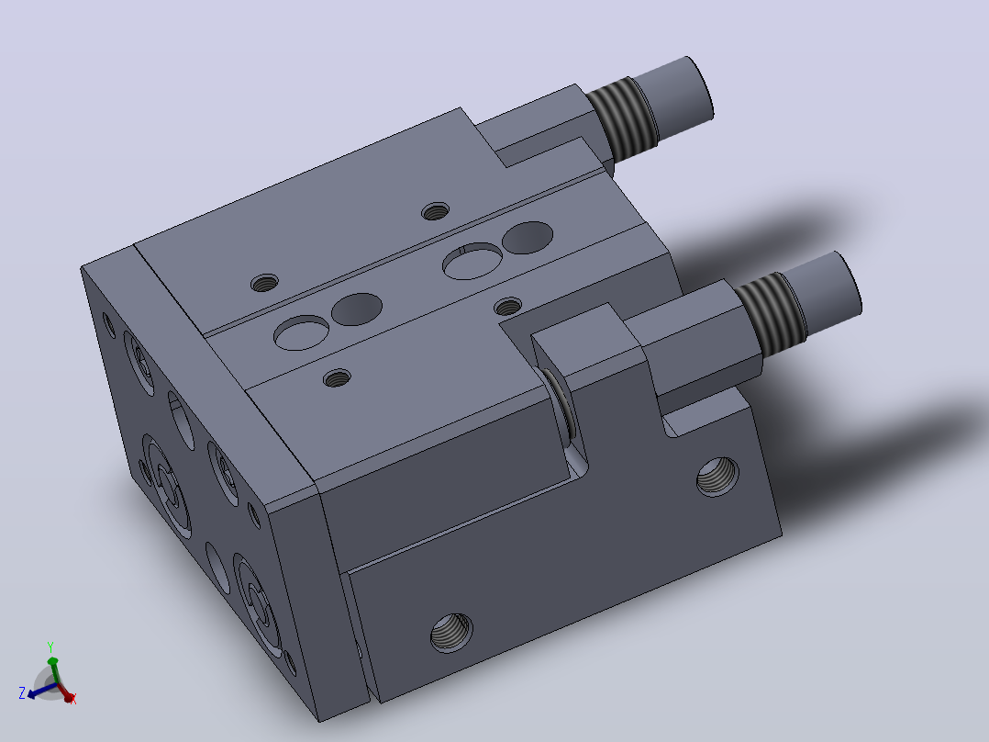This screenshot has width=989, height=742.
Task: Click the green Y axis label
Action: click(50, 647)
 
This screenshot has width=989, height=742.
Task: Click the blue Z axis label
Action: click(22, 693)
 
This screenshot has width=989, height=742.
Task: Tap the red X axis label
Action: click(73, 699)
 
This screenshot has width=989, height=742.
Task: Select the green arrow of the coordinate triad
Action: click(53, 669)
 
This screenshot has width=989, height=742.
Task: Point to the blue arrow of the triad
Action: click(41, 691)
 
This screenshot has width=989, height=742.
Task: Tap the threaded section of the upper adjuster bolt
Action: click(620, 123)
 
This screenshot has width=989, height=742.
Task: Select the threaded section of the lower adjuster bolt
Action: click(771, 314)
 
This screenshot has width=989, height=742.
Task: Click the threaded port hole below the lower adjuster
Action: click(717, 477)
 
